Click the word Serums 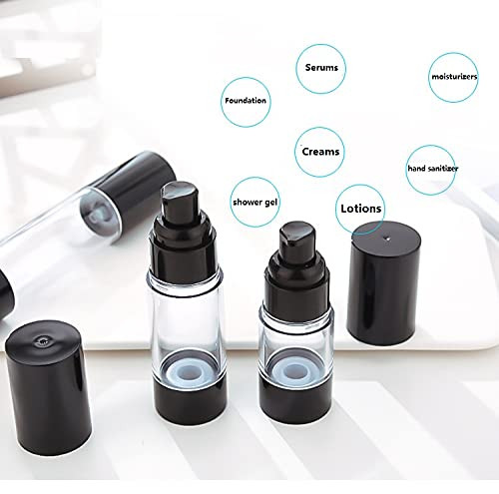point(321,69)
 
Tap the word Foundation point(246,100)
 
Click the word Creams point(321,152)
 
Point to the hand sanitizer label point(433,169)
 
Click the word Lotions point(360,209)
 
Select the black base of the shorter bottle point(294,400)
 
